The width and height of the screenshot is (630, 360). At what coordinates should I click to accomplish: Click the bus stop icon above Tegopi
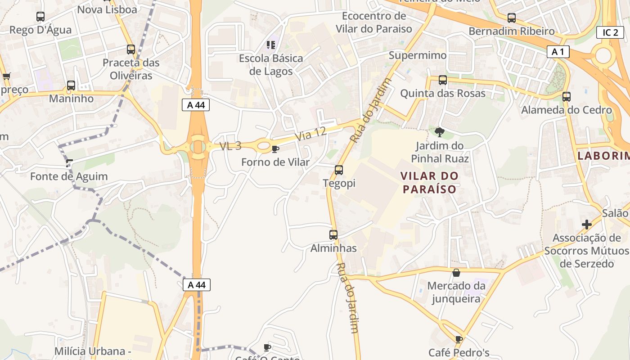[x=339, y=170]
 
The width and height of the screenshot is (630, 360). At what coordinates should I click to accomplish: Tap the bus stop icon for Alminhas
[x=333, y=234]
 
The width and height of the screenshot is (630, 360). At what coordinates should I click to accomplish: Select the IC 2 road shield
[x=610, y=32]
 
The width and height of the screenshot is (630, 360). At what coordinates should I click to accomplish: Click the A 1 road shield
[x=558, y=52]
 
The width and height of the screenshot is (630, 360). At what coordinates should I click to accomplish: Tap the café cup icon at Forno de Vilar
[x=275, y=149]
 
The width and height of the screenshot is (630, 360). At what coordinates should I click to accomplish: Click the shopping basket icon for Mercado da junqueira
[x=456, y=273]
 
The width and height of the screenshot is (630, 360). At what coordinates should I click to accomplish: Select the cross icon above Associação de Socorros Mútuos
[x=587, y=224]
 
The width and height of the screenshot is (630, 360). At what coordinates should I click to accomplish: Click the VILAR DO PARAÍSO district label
[x=429, y=182]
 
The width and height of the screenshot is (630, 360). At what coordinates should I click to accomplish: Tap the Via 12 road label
[x=310, y=133]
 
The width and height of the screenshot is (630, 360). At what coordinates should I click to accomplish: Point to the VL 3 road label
[x=230, y=146]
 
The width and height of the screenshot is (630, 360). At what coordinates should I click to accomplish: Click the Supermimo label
[x=418, y=55]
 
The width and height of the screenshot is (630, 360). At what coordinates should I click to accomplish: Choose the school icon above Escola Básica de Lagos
[x=270, y=45]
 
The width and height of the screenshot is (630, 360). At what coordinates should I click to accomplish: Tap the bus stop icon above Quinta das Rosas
[x=443, y=80]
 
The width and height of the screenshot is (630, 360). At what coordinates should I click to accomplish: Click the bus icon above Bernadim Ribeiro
[x=512, y=18]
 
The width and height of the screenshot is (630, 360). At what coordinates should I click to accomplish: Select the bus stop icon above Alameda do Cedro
[x=567, y=96]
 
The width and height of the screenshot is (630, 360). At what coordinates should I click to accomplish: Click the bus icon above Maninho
[x=71, y=85]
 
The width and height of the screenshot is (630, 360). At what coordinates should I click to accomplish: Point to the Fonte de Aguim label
[x=69, y=176]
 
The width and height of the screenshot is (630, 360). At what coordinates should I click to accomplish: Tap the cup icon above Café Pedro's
[x=459, y=339]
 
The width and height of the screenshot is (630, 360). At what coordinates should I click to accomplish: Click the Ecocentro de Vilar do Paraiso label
[x=374, y=22]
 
